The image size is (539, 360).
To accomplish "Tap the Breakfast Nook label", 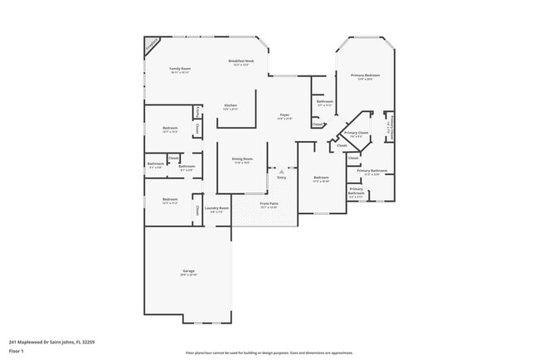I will [241, 61].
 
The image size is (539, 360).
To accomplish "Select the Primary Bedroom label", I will [365, 75].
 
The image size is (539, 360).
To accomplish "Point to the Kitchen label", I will [231, 105].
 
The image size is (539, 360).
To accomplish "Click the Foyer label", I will [284, 115].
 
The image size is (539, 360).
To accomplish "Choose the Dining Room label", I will [242, 158].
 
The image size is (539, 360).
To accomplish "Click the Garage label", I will [189, 271].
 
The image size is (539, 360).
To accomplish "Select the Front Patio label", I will [268, 203].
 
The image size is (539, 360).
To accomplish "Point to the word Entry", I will [281, 178].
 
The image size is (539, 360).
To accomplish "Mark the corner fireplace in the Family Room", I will [152, 44].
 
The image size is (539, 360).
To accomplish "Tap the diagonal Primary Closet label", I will [357, 133].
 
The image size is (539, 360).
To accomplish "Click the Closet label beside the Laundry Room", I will [197, 211].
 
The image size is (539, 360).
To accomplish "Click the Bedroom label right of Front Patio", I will [321, 178].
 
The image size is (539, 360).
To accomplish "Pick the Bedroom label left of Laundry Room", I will [170, 199].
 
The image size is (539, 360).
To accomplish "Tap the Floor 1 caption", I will [17, 351].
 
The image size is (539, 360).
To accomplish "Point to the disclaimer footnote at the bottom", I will [269, 352].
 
